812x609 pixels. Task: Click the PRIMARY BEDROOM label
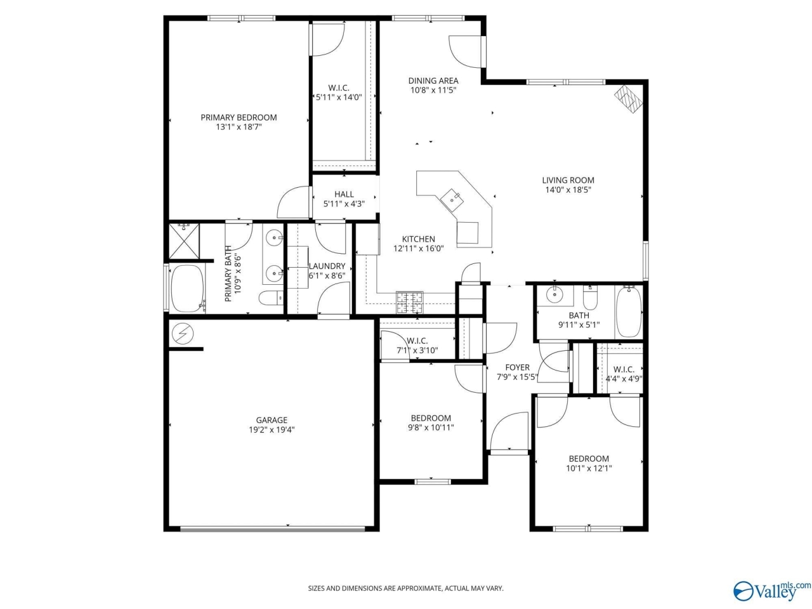pyautogui.click(x=239, y=117)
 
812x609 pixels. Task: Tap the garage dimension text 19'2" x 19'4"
pyautogui.click(x=272, y=429)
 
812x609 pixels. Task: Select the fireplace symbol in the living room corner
pyautogui.click(x=628, y=99)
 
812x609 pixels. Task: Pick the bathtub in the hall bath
pyautogui.click(x=629, y=312)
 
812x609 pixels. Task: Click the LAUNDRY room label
pyautogui.click(x=327, y=266)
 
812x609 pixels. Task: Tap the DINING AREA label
pyautogui.click(x=433, y=81)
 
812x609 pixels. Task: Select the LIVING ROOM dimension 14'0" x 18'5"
pyautogui.click(x=568, y=190)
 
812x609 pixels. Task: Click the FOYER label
pyautogui.click(x=517, y=367)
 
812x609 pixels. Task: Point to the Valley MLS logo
pyautogui.click(x=771, y=591)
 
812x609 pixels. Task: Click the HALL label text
pyautogui.click(x=344, y=194)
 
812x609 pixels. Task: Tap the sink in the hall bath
pyautogui.click(x=555, y=294)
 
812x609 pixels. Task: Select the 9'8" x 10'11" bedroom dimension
pyautogui.click(x=431, y=428)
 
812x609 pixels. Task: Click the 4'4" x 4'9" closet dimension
pyautogui.click(x=624, y=379)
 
